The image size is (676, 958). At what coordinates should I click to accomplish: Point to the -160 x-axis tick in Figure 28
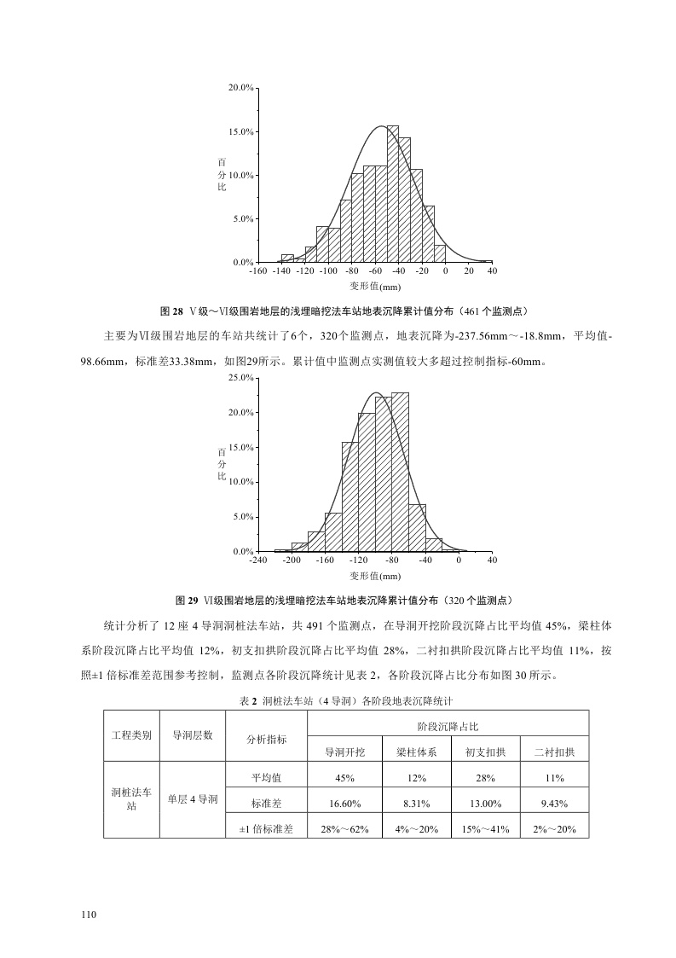click(257, 270)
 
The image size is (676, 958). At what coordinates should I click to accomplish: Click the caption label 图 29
click(187, 599)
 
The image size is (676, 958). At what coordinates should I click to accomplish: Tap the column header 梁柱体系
click(416, 752)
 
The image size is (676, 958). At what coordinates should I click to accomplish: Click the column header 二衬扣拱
click(554, 752)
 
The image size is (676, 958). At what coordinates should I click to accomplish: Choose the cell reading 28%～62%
click(345, 828)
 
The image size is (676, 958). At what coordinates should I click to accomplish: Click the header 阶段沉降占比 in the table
click(448, 726)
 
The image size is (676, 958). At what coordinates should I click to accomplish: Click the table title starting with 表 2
click(338, 700)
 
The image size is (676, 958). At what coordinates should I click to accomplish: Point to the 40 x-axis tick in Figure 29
click(492, 560)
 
